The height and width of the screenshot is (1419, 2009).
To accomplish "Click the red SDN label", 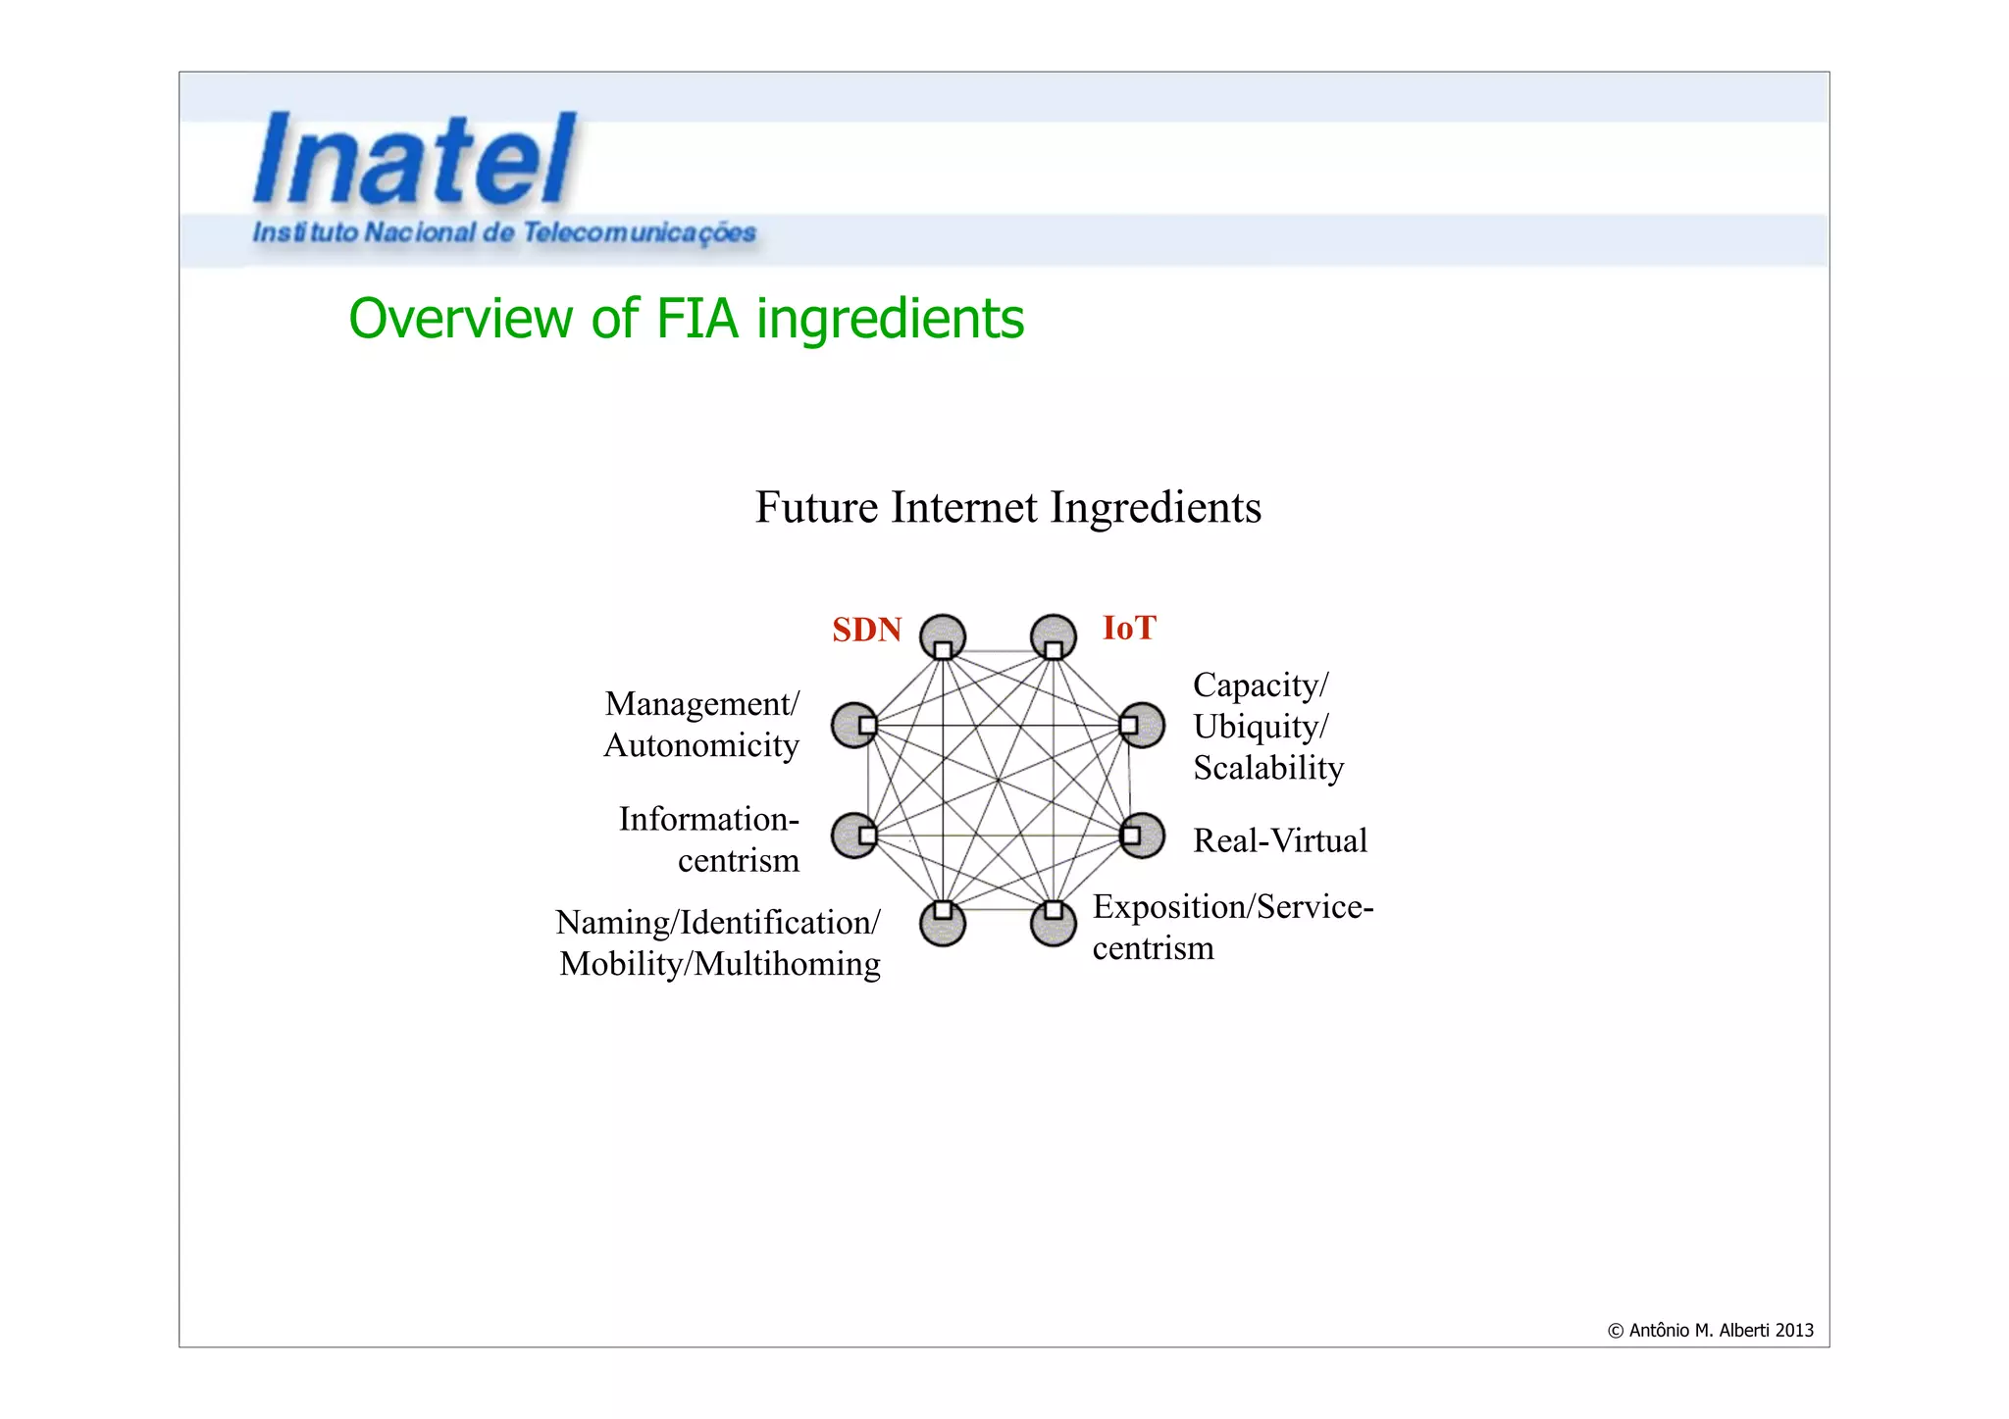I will tap(866, 630).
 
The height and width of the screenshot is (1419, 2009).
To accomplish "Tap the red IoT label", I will tap(1129, 628).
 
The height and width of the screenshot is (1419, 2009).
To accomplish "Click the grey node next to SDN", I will tap(943, 637).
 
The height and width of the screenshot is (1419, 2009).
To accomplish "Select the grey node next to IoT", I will tap(1054, 637).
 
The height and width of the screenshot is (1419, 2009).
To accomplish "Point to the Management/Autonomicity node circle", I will tap(854, 725).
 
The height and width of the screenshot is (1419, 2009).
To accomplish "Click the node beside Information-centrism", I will tap(854, 836).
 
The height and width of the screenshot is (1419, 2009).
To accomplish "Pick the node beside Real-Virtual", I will tap(1142, 836).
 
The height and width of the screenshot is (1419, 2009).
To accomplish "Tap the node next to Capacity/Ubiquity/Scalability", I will tap(1142, 725).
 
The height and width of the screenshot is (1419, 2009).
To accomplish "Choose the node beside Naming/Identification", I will tap(943, 923).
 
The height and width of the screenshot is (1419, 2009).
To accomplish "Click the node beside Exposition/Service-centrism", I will tap(1054, 923).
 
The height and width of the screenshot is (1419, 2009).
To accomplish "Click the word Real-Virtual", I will tap(1279, 840).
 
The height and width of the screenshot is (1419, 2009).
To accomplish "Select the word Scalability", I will tap(1267, 768).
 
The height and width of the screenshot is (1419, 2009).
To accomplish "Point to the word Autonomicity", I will tap(701, 745).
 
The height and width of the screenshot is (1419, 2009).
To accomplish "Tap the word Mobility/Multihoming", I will tap(719, 964).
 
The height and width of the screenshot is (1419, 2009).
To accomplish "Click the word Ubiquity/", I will tap(1261, 727).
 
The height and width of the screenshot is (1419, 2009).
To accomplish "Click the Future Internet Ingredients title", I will tap(1007, 508).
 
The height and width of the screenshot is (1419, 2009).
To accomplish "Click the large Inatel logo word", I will tap(414, 160).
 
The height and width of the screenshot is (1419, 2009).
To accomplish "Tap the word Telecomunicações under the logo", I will tap(639, 233).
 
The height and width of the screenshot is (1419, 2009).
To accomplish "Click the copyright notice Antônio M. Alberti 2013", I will tap(1710, 1331).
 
